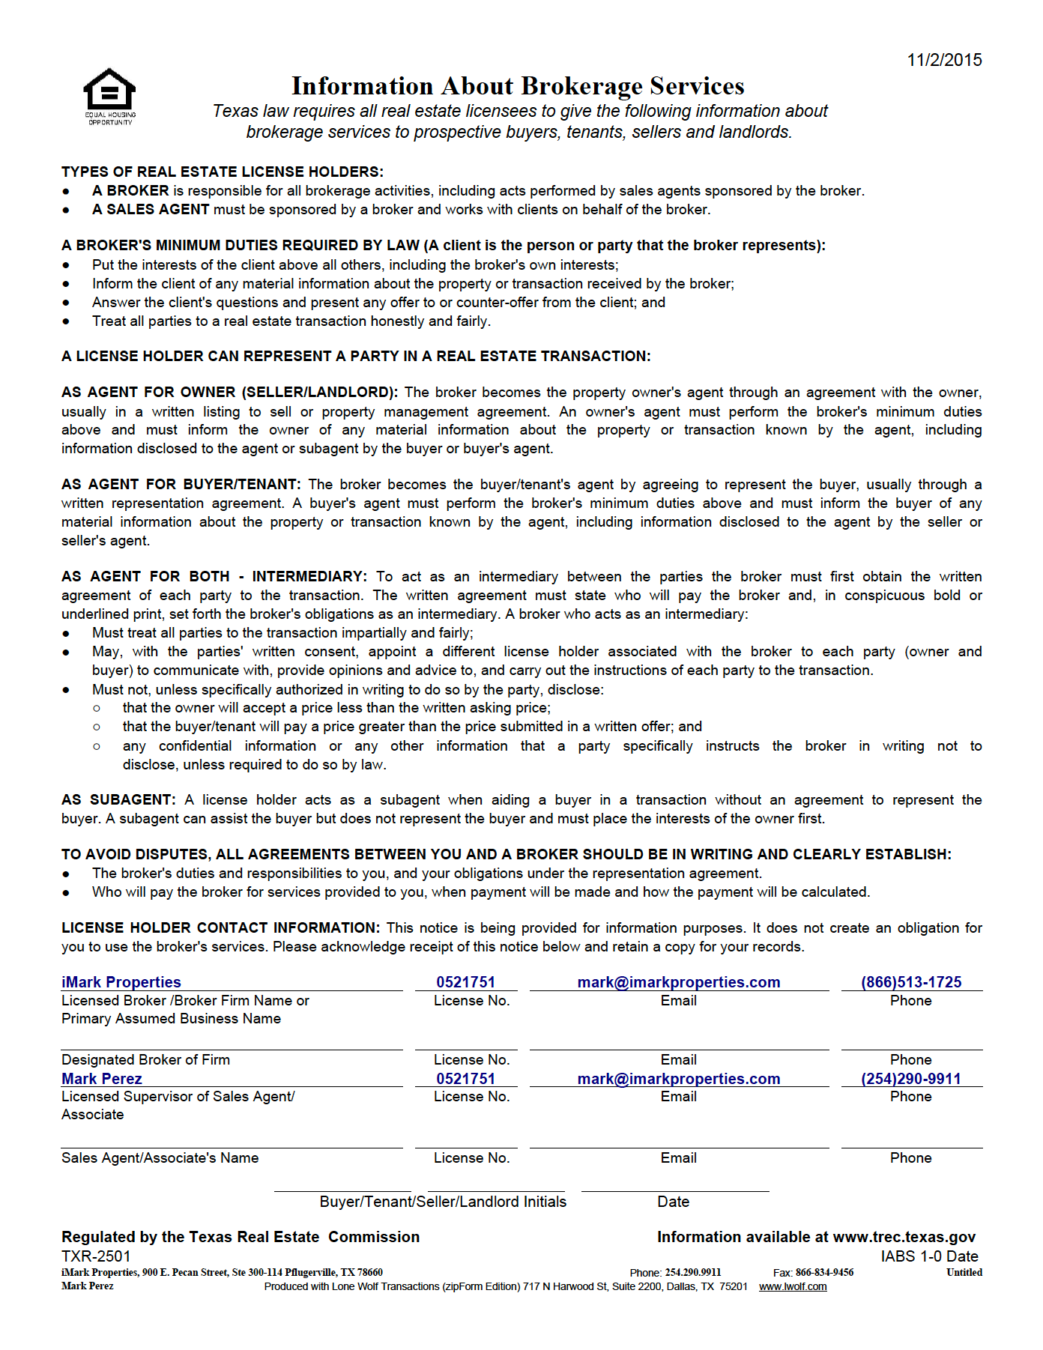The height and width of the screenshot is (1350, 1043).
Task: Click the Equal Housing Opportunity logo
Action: click(x=109, y=96)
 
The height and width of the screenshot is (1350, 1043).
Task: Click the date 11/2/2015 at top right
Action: click(x=944, y=60)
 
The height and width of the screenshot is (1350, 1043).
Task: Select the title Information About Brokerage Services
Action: click(x=518, y=86)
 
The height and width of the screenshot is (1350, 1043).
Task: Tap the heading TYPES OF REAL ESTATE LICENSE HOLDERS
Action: click(x=223, y=172)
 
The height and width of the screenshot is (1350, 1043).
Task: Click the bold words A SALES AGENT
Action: click(x=151, y=210)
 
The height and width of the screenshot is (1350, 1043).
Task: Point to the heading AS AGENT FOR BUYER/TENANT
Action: click(x=181, y=485)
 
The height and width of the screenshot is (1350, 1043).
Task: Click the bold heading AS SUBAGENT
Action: click(x=118, y=800)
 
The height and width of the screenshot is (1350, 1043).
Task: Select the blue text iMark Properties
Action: click(x=121, y=982)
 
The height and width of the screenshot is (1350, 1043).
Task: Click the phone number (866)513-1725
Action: click(x=911, y=982)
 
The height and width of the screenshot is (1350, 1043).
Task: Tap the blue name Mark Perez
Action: click(x=102, y=1079)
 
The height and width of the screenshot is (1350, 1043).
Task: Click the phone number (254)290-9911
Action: click(x=911, y=1079)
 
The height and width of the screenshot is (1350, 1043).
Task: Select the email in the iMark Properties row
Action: click(x=679, y=982)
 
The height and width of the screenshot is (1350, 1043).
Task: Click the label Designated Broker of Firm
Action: click(x=146, y=1060)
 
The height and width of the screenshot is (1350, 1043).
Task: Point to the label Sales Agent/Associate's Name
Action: click(x=160, y=1158)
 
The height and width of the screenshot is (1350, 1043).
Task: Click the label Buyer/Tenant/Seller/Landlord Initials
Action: click(x=443, y=1202)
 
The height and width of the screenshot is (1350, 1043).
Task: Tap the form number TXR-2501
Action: click(x=96, y=1256)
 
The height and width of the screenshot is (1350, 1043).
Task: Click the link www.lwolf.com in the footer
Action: click(x=793, y=1287)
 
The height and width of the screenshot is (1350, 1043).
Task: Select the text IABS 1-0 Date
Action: click(x=929, y=1256)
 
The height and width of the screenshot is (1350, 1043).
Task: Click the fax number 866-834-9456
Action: click(x=824, y=1273)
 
